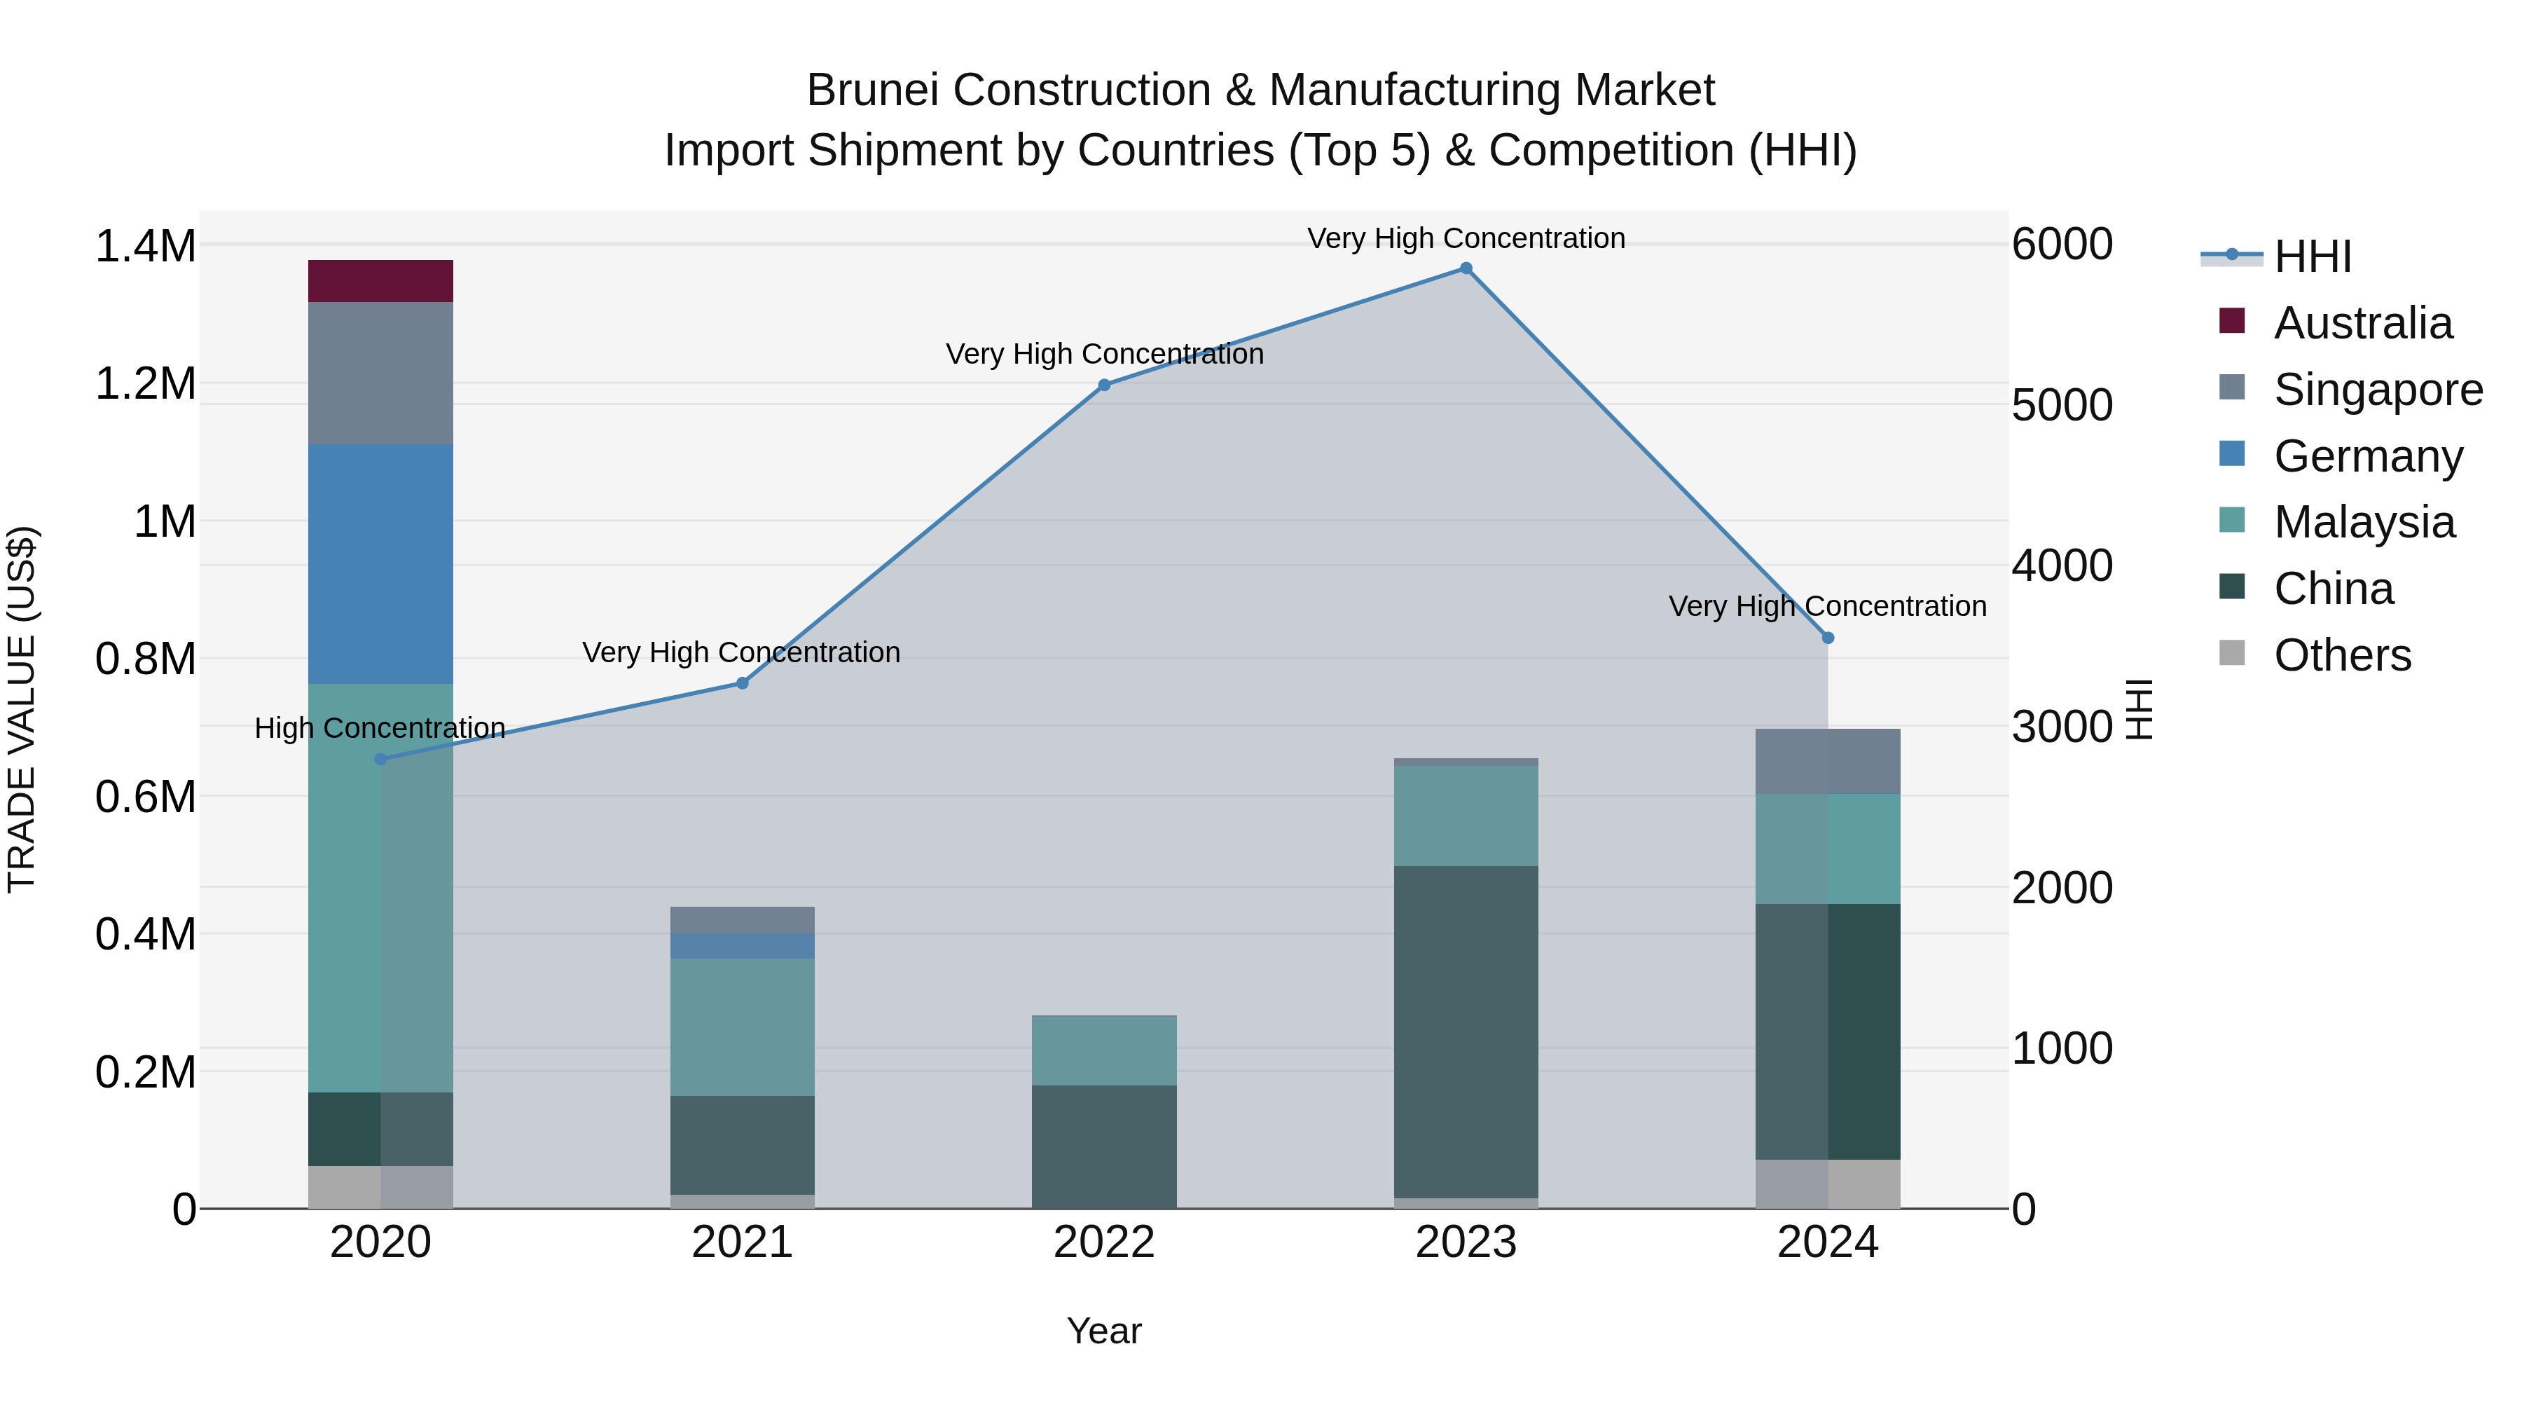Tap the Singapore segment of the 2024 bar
coord(1827,761)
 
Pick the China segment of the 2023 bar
coord(1466,1031)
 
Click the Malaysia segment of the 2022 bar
coord(1103,1050)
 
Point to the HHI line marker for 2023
coord(1466,268)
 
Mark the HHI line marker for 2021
coord(742,683)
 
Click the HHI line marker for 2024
coord(1828,638)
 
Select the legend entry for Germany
coord(2367,456)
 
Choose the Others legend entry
coord(2342,655)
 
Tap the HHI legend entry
coord(2312,256)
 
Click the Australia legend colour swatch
coord(2231,321)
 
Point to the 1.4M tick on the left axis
coord(145,246)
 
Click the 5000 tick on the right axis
coord(2062,406)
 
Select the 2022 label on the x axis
coord(1103,1242)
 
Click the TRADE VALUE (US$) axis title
coord(22,709)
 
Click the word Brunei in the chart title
coord(874,90)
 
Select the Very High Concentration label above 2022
coord(1104,354)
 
